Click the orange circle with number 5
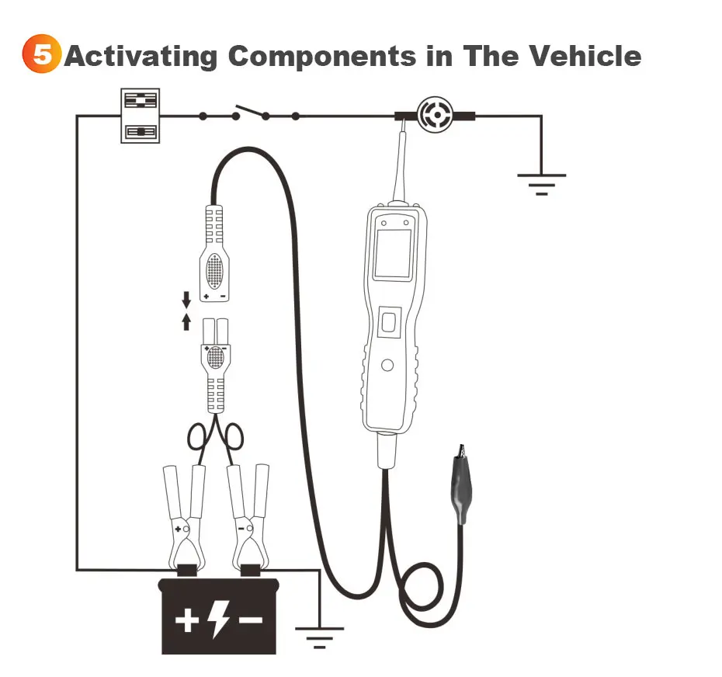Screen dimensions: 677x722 pyautogui.click(x=41, y=56)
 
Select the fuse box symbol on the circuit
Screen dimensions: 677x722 pyautogui.click(x=141, y=116)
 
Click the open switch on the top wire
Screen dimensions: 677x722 pyautogui.click(x=250, y=113)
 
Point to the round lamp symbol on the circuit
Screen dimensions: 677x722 pyautogui.click(x=435, y=115)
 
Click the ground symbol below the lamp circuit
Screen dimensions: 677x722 pyautogui.click(x=541, y=182)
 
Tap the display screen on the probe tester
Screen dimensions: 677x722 pyautogui.click(x=392, y=254)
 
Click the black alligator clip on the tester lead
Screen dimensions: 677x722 pyautogui.click(x=460, y=485)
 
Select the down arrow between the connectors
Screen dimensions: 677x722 pyautogui.click(x=186, y=299)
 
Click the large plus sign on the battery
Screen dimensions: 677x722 pyautogui.click(x=187, y=621)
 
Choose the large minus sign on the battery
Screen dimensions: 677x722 pyautogui.click(x=250, y=620)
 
